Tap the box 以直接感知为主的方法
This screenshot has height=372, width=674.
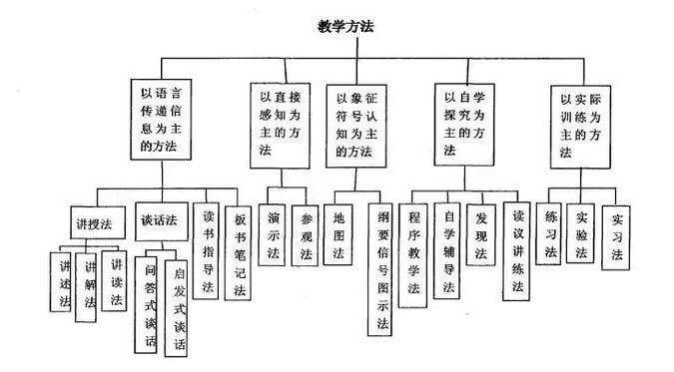(279, 122)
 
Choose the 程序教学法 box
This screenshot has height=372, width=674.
(414, 254)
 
